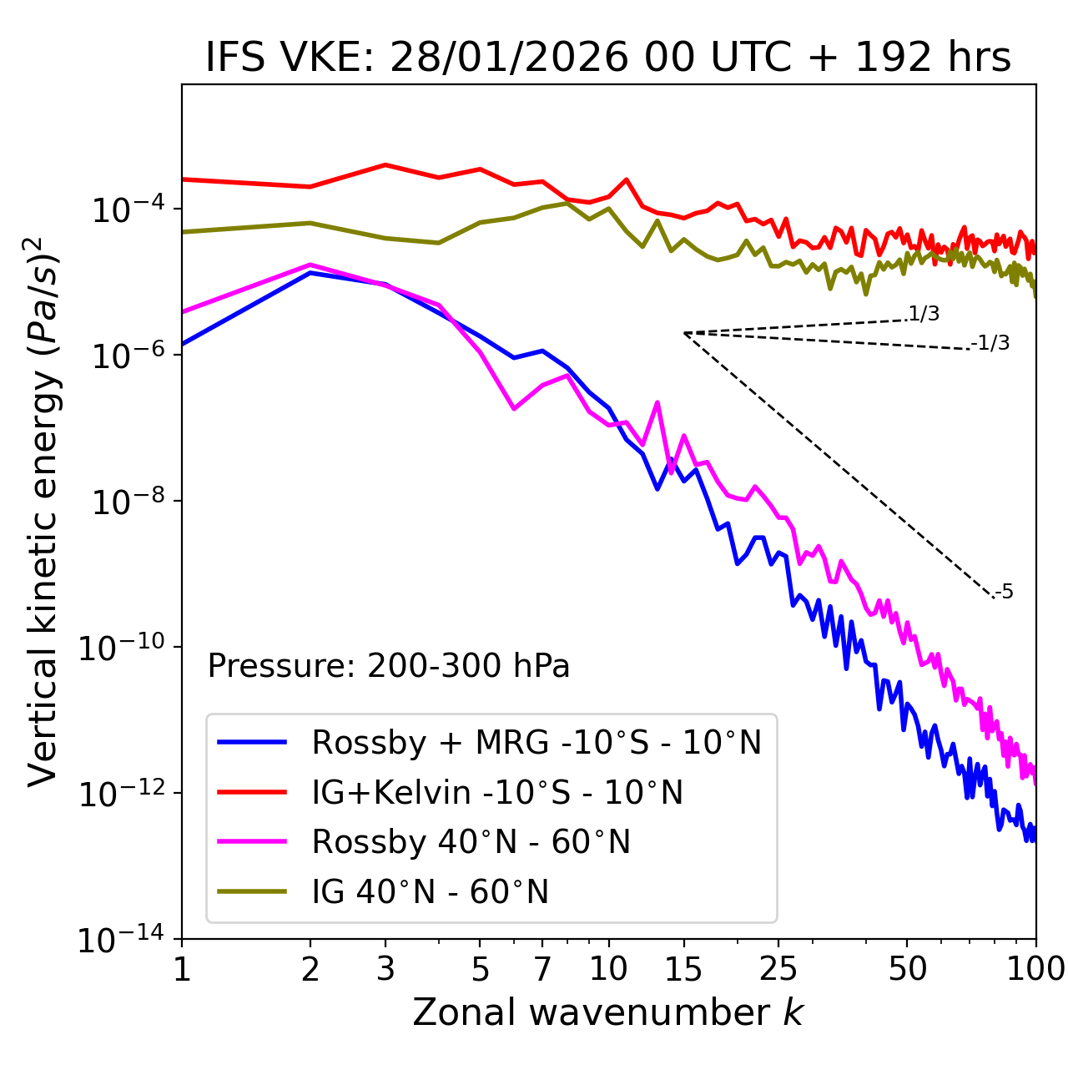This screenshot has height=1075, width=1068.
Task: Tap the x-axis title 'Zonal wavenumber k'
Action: pyautogui.click(x=608, y=1012)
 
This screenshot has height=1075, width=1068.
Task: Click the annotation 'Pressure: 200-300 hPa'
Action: pyautogui.click(x=389, y=666)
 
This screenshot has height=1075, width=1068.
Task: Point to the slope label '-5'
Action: pyautogui.click(x=1004, y=593)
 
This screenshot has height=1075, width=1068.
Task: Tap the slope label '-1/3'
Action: pyautogui.click(x=990, y=343)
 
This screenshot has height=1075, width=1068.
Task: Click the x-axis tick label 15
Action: pyautogui.click(x=683, y=968)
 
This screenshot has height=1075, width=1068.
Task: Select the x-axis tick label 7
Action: pyautogui.click(x=542, y=968)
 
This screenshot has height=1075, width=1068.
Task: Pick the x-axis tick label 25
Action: pyautogui.click(x=778, y=968)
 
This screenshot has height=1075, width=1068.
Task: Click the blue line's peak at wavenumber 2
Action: pyautogui.click(x=310, y=273)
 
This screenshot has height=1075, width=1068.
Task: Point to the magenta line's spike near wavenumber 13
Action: pyautogui.click(x=657, y=403)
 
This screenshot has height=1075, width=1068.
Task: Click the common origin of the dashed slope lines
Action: pyautogui.click(x=683, y=333)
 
